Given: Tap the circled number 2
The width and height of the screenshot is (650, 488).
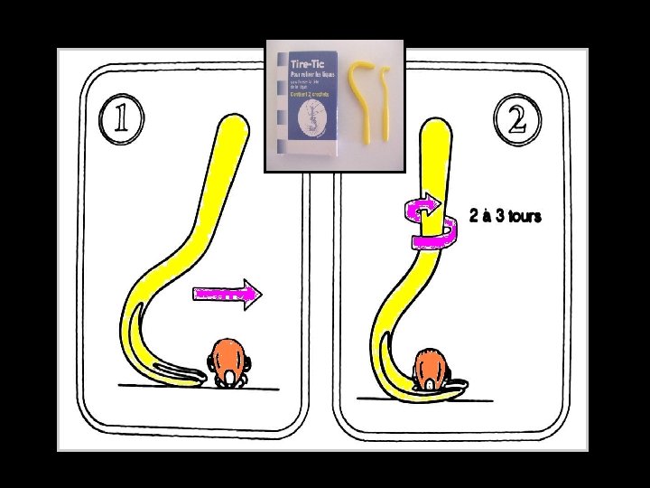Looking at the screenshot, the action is click(x=517, y=118).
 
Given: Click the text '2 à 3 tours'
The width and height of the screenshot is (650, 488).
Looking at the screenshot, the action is click(x=506, y=216).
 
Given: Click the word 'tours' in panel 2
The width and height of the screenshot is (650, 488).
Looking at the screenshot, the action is click(x=524, y=216).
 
